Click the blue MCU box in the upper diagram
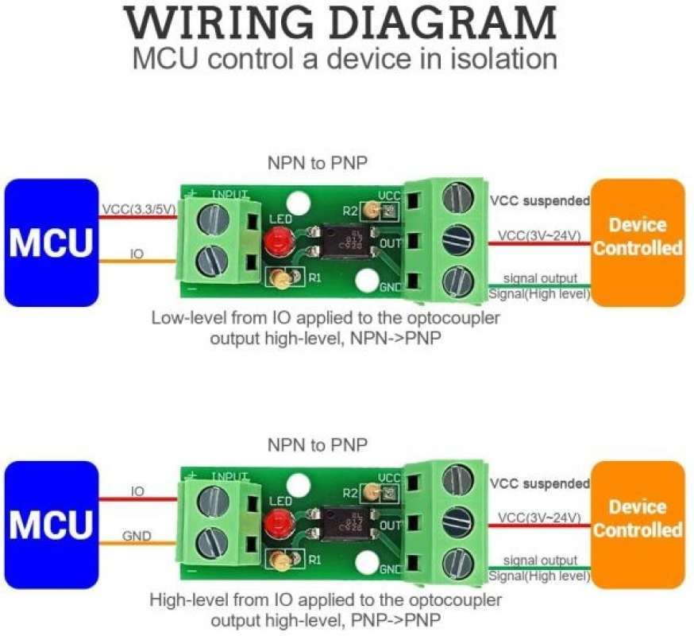tap(50, 242)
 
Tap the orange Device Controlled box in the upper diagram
tap(638, 242)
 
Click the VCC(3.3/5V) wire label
tap(137, 210)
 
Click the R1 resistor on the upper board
tap(280, 277)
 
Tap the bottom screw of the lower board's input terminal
tap(218, 545)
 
